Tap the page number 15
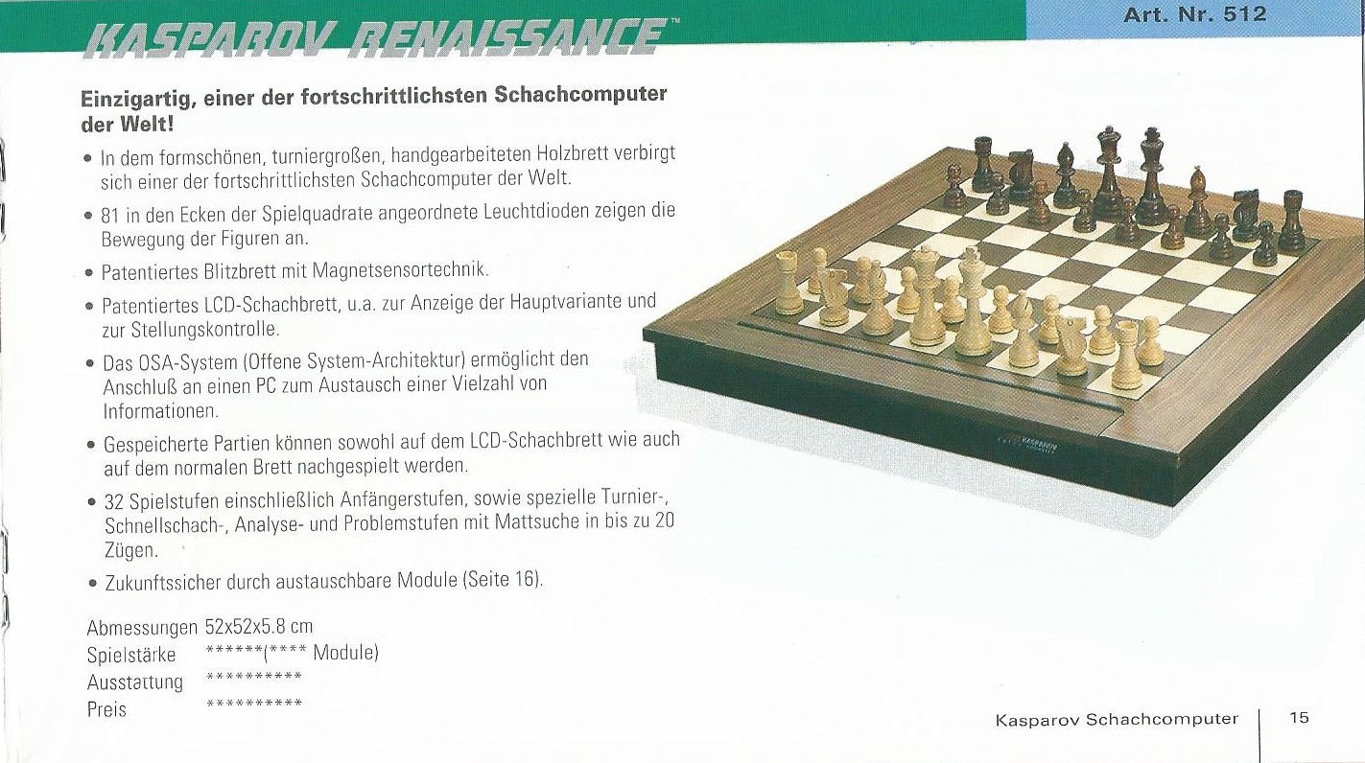pyautogui.click(x=1299, y=717)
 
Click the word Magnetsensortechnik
pyautogui.click(x=400, y=269)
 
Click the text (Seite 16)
pyautogui.click(x=503, y=579)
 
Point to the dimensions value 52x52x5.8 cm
pyautogui.click(x=259, y=626)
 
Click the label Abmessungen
pyautogui.click(x=142, y=628)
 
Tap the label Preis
pyautogui.click(x=106, y=709)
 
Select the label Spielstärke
pyautogui.click(x=131, y=655)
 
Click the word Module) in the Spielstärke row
pyautogui.click(x=345, y=653)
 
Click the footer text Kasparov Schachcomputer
pyautogui.click(x=1117, y=719)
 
